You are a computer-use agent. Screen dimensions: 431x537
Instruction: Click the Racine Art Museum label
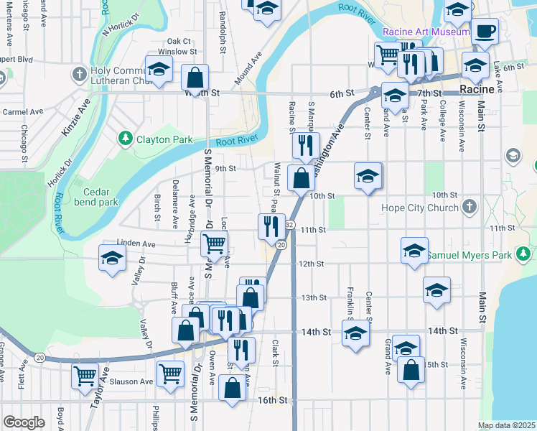pyautogui.click(x=426, y=32)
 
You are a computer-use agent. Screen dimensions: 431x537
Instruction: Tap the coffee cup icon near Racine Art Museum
pyautogui.click(x=486, y=31)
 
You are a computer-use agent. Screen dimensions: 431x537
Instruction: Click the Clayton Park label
pyautogui.click(x=164, y=136)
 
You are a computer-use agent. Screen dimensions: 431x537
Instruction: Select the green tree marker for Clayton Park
pyautogui.click(x=126, y=136)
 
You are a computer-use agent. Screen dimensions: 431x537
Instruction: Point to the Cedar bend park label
pyautogui.click(x=101, y=197)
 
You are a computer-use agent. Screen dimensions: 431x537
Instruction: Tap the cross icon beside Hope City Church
pyautogui.click(x=469, y=208)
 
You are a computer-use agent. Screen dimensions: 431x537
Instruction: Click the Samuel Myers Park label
pyautogui.click(x=470, y=254)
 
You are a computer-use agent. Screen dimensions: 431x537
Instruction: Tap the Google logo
pyautogui.click(x=24, y=422)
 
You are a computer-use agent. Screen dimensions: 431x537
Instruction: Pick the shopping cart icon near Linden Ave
pyautogui.click(x=214, y=244)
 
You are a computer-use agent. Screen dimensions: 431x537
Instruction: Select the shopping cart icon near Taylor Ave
pyautogui.click(x=85, y=374)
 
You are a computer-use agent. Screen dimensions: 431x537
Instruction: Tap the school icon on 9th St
pyautogui.click(x=368, y=175)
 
